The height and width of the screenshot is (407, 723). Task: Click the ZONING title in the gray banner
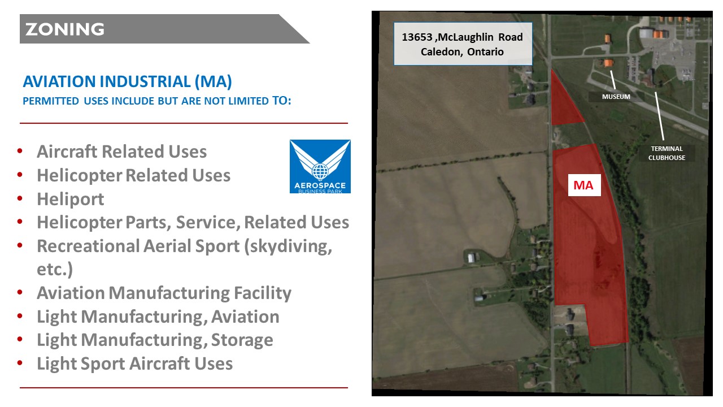(x=65, y=29)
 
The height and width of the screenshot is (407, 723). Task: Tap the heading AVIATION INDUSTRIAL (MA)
(x=127, y=81)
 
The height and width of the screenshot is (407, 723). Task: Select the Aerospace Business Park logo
(x=320, y=166)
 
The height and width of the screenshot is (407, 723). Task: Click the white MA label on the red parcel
(x=584, y=185)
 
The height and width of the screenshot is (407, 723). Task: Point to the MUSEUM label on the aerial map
(x=616, y=97)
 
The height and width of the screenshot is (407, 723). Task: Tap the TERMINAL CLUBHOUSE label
(x=667, y=153)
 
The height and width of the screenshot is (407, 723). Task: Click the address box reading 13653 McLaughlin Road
(x=463, y=44)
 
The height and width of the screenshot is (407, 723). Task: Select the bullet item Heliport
(x=71, y=199)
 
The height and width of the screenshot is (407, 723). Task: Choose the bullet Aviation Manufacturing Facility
(x=164, y=293)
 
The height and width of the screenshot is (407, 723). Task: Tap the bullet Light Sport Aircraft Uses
(x=134, y=363)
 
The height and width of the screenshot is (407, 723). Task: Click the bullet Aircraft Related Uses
(x=121, y=151)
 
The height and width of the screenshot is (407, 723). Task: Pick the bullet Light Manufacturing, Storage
(x=155, y=340)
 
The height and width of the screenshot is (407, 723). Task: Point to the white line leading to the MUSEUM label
(x=613, y=80)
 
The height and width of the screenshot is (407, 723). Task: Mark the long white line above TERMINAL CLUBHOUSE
(x=659, y=116)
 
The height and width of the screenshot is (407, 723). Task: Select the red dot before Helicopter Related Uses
(x=20, y=175)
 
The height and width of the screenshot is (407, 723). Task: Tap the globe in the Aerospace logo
(x=320, y=171)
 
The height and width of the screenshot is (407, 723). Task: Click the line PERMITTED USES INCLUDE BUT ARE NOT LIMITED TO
(x=157, y=101)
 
